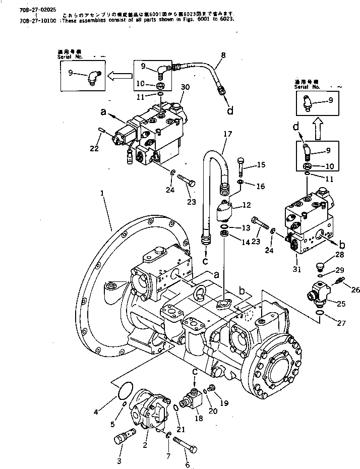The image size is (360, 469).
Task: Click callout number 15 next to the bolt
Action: (x=261, y=165)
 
